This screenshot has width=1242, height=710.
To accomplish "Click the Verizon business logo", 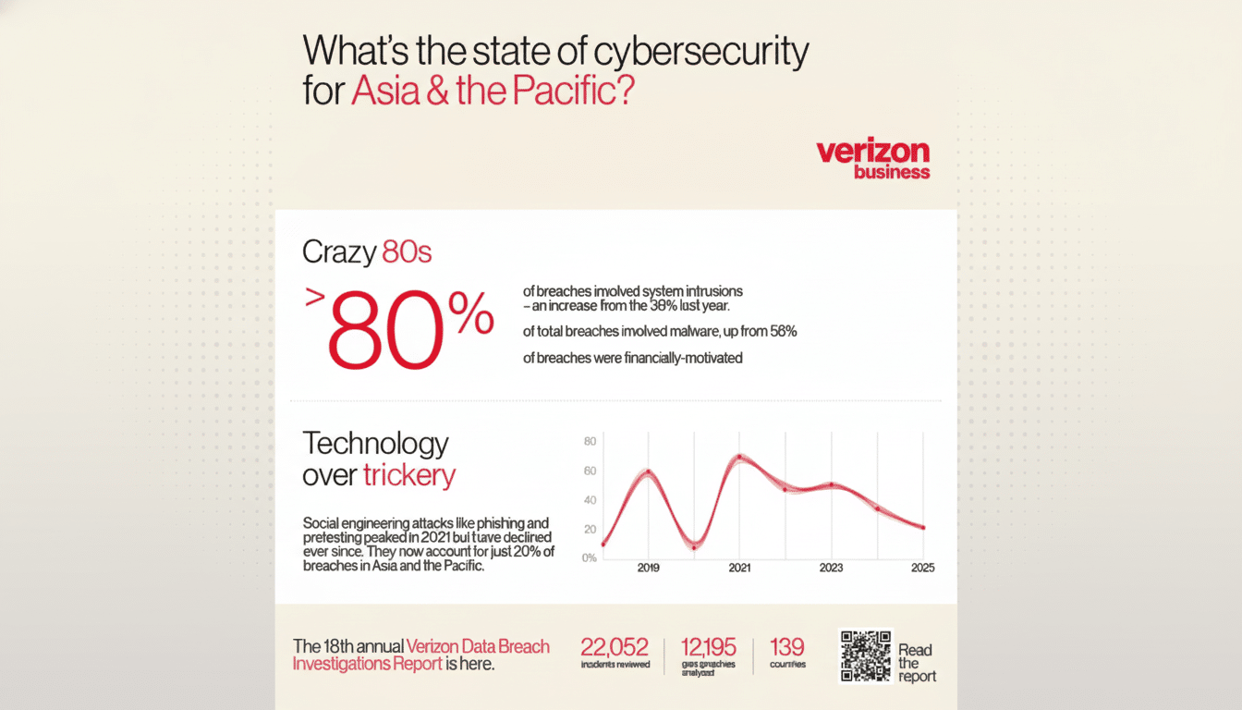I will click(x=873, y=160).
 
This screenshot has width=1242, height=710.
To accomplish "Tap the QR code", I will click(x=865, y=655).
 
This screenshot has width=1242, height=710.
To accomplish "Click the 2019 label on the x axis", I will click(x=648, y=568).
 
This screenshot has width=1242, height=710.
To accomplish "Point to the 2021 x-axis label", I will click(x=739, y=568).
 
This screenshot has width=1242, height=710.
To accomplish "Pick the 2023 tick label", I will click(x=831, y=568).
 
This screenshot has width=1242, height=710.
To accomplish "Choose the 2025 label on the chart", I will click(x=921, y=568).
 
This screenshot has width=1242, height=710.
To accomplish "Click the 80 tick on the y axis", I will click(x=591, y=441).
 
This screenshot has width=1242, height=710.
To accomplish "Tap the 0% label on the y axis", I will click(x=590, y=557).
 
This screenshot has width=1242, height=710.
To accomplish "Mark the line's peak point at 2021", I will click(x=739, y=457).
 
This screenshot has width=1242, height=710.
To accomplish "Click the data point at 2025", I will click(x=922, y=528).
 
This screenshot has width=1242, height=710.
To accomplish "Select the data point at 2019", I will click(x=648, y=472).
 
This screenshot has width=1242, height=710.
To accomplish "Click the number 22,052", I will click(x=614, y=647).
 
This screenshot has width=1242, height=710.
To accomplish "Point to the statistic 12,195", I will click(x=709, y=647).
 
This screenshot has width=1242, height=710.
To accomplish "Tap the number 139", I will click(x=786, y=647).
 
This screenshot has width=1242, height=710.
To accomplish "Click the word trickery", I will click(x=408, y=475).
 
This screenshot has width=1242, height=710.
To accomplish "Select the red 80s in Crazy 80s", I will click(x=406, y=252).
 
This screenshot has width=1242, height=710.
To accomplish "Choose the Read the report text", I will click(x=917, y=663).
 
